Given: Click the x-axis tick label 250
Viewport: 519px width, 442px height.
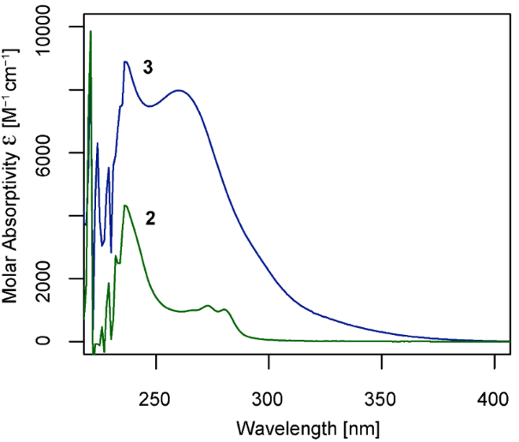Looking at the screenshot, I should click(x=156, y=400).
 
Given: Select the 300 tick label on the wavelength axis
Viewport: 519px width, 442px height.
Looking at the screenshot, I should click(x=269, y=400).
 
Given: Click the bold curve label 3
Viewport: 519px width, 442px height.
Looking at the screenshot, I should click(x=148, y=69).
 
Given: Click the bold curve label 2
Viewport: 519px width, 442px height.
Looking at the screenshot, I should click(x=150, y=218).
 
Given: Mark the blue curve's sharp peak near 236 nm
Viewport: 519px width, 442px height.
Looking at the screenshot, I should click(x=125, y=62).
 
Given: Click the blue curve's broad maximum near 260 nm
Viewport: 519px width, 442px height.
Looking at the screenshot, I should click(x=179, y=90).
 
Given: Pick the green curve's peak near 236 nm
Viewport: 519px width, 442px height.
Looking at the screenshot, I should click(x=125, y=206).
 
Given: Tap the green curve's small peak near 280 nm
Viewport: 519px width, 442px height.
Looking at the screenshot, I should click(x=225, y=309).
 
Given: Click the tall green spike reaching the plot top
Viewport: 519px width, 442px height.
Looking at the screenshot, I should click(x=91, y=32).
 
